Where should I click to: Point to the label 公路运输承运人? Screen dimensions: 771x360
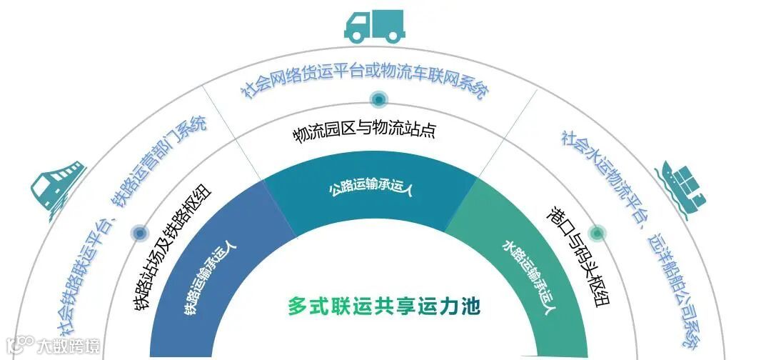(x=371, y=189)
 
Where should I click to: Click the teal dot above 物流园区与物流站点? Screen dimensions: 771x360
(x=378, y=100)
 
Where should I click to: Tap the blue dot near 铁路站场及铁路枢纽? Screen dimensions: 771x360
(x=139, y=233)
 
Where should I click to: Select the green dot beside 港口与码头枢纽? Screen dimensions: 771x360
(x=597, y=232)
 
